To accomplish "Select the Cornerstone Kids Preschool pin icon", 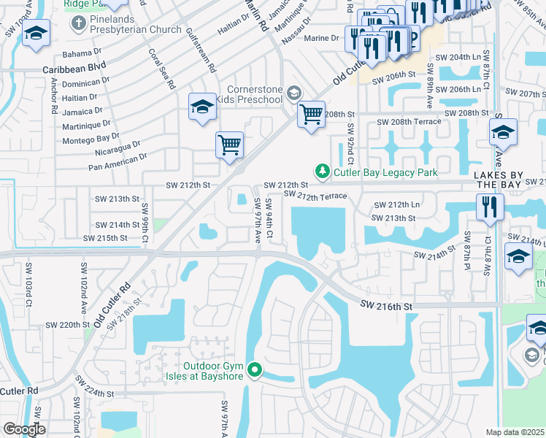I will (294, 92).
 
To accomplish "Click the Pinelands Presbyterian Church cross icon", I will (78, 23).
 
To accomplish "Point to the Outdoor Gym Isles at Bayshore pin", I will (255, 371).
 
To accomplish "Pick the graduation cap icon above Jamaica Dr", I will (202, 107).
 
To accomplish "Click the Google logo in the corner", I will (23, 429).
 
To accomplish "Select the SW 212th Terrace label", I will (315, 195).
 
